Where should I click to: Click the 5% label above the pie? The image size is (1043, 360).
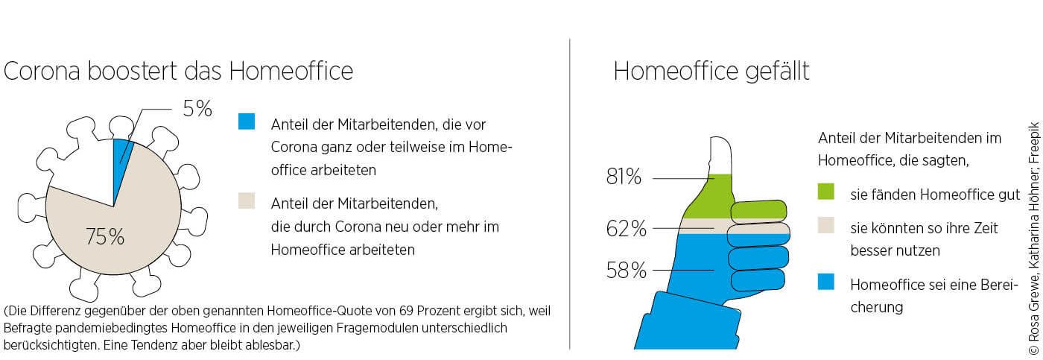point(197,110)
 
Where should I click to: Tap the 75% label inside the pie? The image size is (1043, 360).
point(105,238)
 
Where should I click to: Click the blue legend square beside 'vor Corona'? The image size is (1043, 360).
point(247,121)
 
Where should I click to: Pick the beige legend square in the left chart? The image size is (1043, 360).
point(247,200)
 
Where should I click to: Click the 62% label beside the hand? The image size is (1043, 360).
point(626,228)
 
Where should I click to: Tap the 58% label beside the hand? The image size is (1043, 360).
point(626,270)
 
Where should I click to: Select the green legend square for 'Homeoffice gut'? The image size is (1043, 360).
point(825,192)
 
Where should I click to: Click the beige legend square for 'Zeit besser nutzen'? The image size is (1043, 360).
point(825,226)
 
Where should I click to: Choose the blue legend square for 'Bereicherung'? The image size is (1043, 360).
point(825,282)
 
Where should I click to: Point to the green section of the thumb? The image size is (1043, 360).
point(708,200)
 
